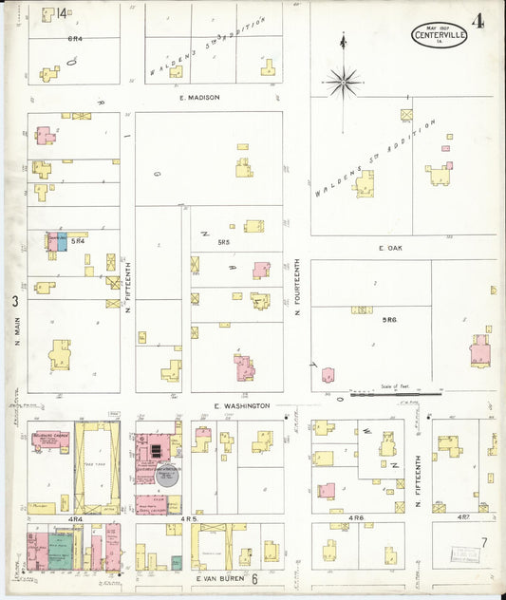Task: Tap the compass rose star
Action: (342, 82)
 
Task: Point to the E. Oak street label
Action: (392, 248)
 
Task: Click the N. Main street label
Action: (17, 330)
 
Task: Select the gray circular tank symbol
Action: (168, 475)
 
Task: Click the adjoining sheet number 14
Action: (62, 13)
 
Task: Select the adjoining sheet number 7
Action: (483, 541)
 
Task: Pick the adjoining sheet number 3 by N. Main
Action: (15, 302)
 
